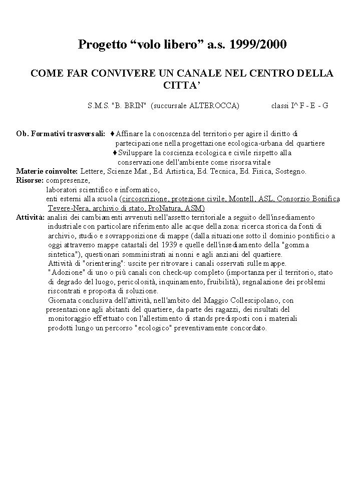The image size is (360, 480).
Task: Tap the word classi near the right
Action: [280, 106]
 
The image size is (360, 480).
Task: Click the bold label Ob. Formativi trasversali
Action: [61, 134]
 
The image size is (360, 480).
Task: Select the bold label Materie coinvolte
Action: [47, 172]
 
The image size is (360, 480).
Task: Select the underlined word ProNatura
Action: [166, 208]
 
